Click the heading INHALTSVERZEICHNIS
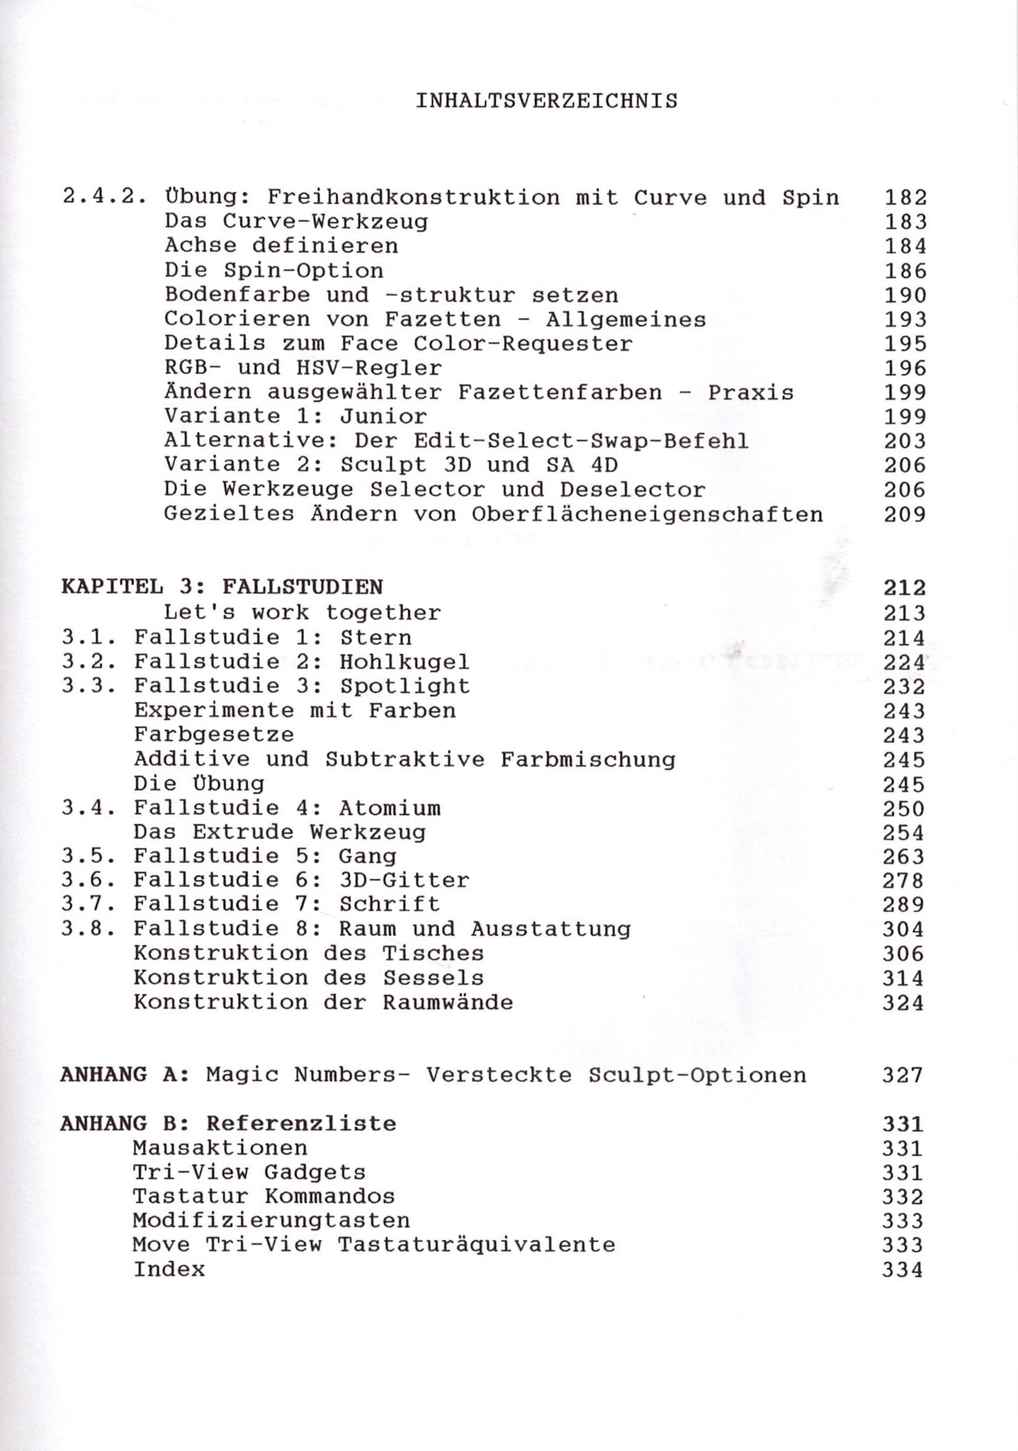pyautogui.click(x=546, y=101)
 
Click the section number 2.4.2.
pyautogui.click(x=104, y=197)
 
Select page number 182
pyautogui.click(x=905, y=198)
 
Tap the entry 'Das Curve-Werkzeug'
pyautogui.click(x=296, y=222)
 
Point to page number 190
pyautogui.click(x=905, y=295)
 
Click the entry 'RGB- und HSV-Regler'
pyautogui.click(x=303, y=368)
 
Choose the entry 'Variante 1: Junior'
pyautogui.click(x=295, y=416)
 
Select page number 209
pyautogui.click(x=905, y=514)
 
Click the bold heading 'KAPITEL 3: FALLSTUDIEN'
pyautogui.click(x=222, y=587)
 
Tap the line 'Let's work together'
pyautogui.click(x=302, y=612)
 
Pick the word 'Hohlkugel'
pyautogui.click(x=405, y=662)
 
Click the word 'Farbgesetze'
pyautogui.click(x=214, y=734)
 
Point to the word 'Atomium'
pyautogui.click(x=390, y=808)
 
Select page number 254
pyautogui.click(x=903, y=832)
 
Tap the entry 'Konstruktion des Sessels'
pyautogui.click(x=309, y=978)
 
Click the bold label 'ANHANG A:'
pyautogui.click(x=125, y=1075)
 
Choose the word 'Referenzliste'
pyautogui.click(x=301, y=1123)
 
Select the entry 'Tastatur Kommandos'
pyautogui.click(x=264, y=1196)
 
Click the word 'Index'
pyautogui.click(x=169, y=1269)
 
